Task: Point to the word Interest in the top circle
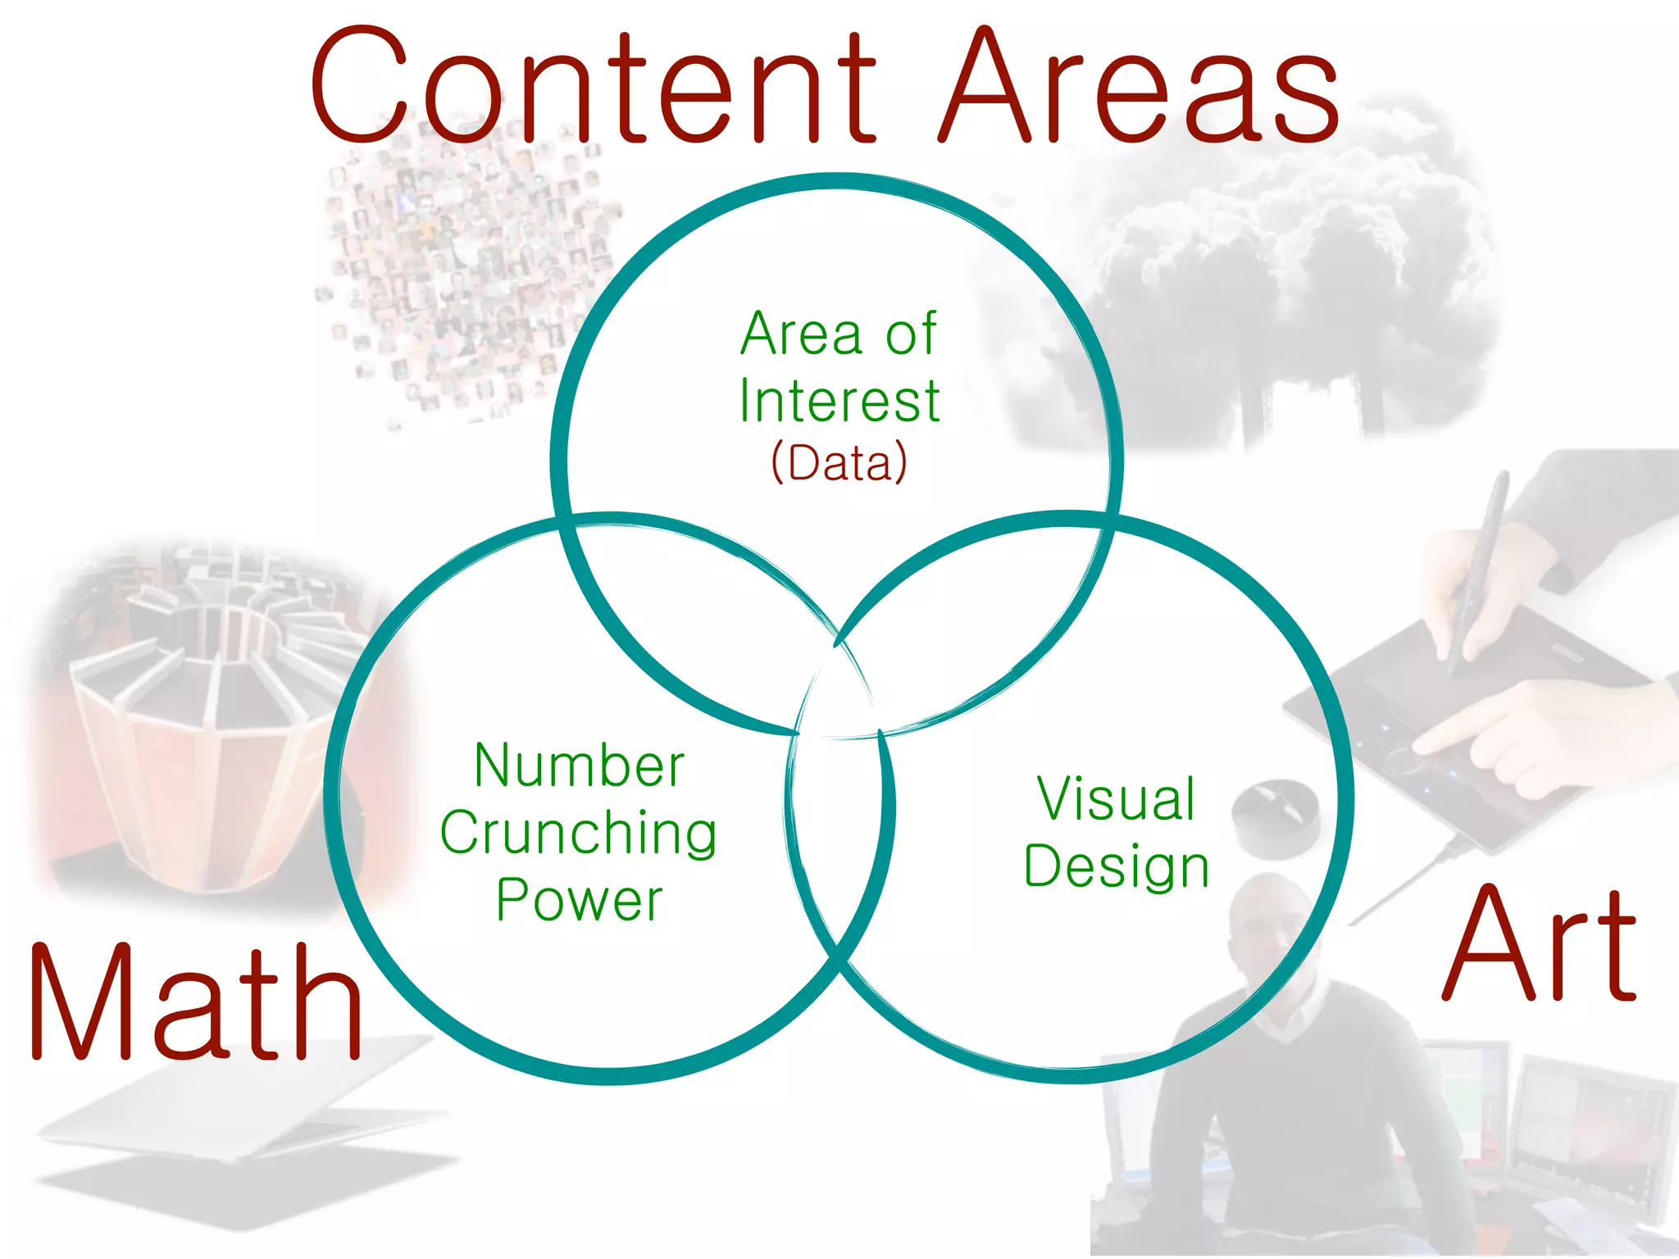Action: [x=839, y=402]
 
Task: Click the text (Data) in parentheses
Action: [x=839, y=463]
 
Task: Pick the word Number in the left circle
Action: [x=579, y=766]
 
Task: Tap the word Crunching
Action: [x=579, y=834]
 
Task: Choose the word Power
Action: [x=579, y=900]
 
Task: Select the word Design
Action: [x=1116, y=866]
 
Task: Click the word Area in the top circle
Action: [x=801, y=334]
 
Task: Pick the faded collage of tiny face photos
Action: [x=459, y=270]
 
